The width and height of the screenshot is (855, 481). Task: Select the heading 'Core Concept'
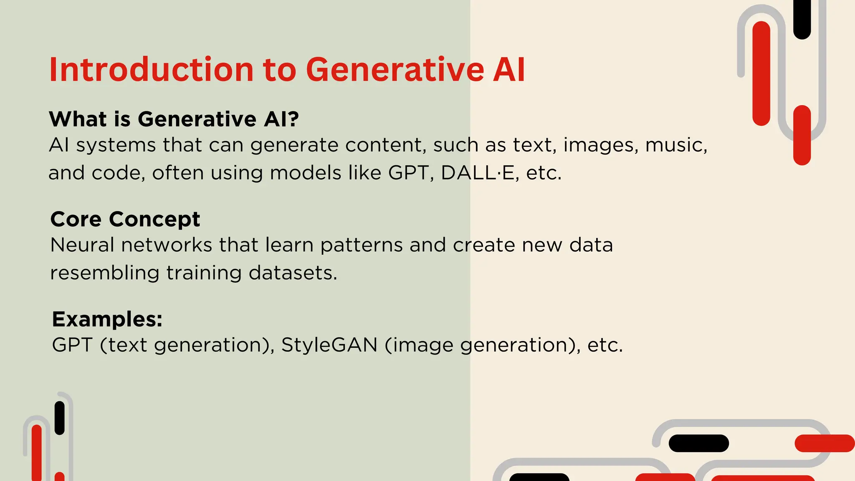click(125, 219)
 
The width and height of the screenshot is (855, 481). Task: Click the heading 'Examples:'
click(107, 319)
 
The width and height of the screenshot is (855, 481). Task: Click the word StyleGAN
click(329, 345)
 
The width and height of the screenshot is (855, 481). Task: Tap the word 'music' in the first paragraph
click(676, 145)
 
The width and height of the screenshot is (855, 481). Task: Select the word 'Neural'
click(82, 245)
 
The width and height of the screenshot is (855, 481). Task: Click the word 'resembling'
click(104, 273)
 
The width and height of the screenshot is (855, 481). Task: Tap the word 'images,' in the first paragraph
click(601, 145)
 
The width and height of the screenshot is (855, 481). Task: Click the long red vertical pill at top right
click(761, 73)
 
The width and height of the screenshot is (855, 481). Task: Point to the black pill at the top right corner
click(802, 19)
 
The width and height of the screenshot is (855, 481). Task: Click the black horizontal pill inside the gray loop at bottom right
click(698, 443)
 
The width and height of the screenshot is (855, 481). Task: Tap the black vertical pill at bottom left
click(60, 418)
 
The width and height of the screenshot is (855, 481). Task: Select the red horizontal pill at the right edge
click(824, 443)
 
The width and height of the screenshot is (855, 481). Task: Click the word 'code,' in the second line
click(118, 173)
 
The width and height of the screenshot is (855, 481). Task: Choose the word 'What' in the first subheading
click(78, 119)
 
